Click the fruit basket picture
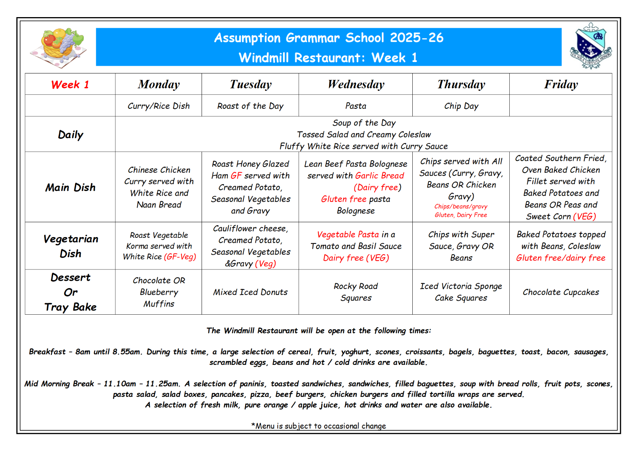(x=62, y=47)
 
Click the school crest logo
(x=590, y=46)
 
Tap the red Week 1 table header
(x=70, y=84)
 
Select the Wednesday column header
(x=356, y=84)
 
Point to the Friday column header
(x=561, y=84)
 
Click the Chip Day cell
(x=461, y=106)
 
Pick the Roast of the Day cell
(x=250, y=106)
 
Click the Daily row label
(x=70, y=135)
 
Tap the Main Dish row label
(x=70, y=187)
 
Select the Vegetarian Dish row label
(x=70, y=246)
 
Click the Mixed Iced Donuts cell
(x=250, y=292)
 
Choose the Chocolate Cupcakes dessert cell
(x=561, y=292)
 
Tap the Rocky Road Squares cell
(x=356, y=292)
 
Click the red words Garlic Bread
(x=380, y=176)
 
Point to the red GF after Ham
(x=236, y=176)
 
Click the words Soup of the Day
(x=364, y=123)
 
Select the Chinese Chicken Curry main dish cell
(x=159, y=187)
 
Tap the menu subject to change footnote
(x=318, y=426)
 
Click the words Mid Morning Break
(x=59, y=384)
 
